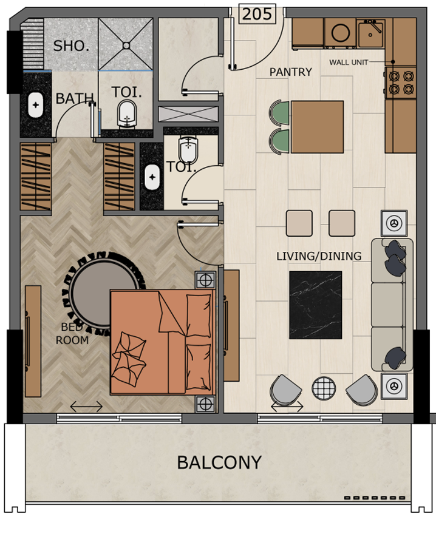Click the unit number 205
[257, 15]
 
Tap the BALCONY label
[219, 462]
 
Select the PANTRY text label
[291, 72]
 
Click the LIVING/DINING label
[319, 256]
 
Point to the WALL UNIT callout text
[349, 63]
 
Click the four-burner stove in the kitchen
[401, 83]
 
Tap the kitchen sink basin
[370, 33]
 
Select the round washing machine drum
[341, 33]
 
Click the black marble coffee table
[315, 305]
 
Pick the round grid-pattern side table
[324, 388]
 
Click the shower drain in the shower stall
[126, 46]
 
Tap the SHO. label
[71, 46]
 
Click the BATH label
[74, 99]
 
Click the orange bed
[163, 342]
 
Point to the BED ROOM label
[72, 334]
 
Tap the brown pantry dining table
[317, 127]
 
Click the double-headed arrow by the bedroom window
[86, 407]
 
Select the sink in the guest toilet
[152, 177]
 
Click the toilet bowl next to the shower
[127, 113]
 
